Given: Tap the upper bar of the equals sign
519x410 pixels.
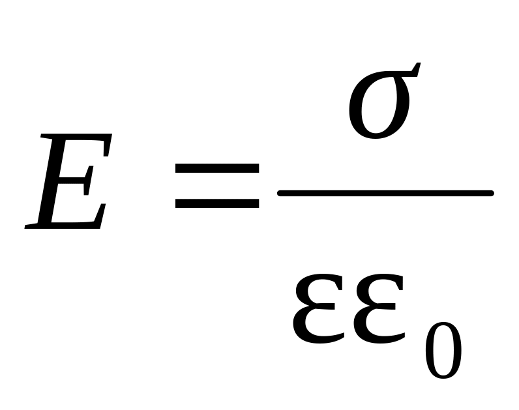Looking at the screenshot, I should click(x=216, y=169).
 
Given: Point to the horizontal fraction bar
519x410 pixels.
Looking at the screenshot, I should click(x=385, y=192).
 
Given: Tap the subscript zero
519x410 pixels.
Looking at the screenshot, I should click(x=443, y=350).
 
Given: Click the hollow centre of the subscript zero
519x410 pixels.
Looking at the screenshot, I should click(x=443, y=350).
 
